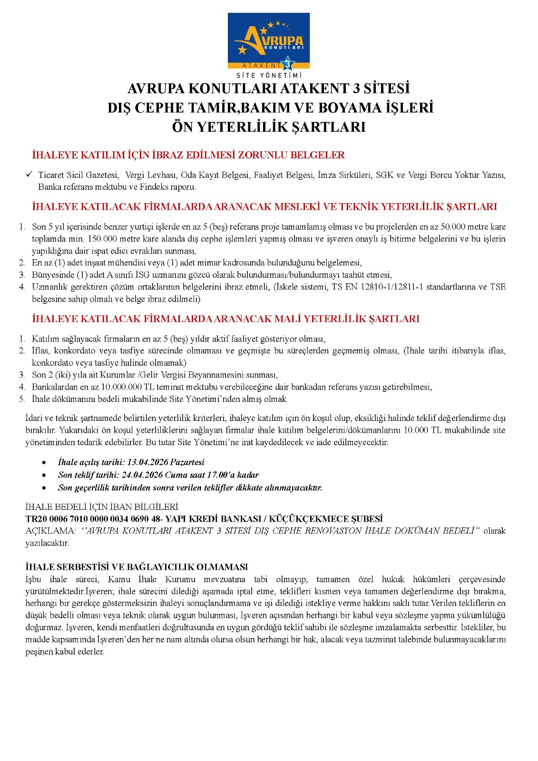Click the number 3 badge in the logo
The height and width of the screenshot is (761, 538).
pos(287,64)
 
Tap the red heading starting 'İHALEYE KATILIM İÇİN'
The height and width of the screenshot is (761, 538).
pos(188,155)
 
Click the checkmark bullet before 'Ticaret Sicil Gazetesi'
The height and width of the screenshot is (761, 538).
pos(29,175)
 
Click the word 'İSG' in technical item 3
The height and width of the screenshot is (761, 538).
pos(143,275)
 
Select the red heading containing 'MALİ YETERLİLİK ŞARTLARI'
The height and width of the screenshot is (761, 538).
pos(226,319)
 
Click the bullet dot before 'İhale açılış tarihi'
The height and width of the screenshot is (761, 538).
pos(44,463)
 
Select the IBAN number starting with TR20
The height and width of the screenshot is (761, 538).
pos(91,519)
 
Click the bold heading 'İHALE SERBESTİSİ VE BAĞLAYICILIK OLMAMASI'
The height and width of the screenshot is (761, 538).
pos(137,567)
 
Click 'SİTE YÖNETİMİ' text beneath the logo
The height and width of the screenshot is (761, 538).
pos(269,75)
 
